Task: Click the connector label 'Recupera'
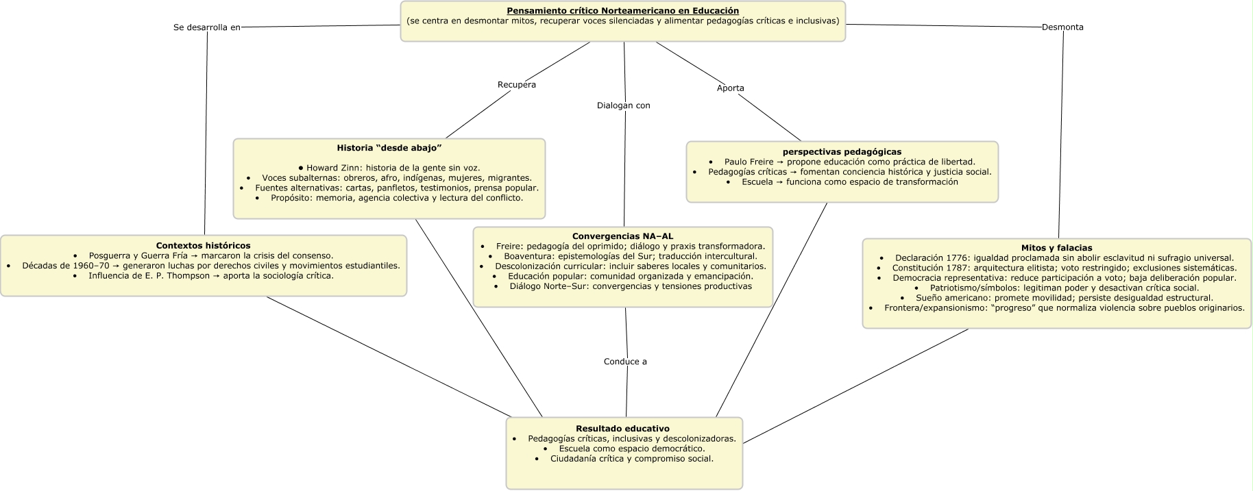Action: [x=516, y=85]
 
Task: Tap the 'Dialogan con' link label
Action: [x=623, y=105]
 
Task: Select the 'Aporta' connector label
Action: [x=730, y=88]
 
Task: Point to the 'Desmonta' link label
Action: [x=1062, y=27]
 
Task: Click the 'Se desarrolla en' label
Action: [x=207, y=27]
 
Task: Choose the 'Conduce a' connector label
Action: [x=625, y=362]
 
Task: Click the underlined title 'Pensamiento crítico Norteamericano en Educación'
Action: [x=622, y=11]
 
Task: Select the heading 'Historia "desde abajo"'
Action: [x=389, y=148]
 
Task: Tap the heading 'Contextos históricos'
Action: [x=203, y=245]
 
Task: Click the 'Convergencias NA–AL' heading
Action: [x=622, y=236]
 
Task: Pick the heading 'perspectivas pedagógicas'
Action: [x=842, y=151]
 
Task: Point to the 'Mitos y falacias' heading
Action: [x=1056, y=248]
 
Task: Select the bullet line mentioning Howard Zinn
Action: [x=389, y=168]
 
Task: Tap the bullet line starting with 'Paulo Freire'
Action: [x=849, y=162]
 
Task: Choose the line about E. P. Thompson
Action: [x=210, y=276]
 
